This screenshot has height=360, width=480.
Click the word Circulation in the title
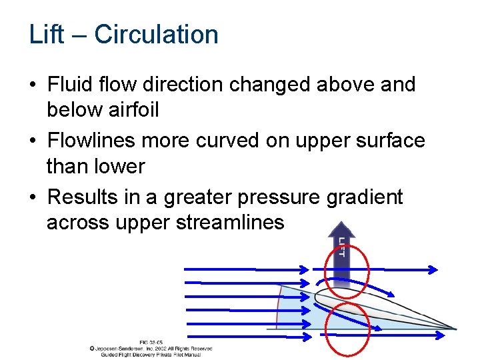click(x=156, y=35)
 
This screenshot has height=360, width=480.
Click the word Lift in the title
click(x=46, y=35)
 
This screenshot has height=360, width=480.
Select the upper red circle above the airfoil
click(x=345, y=271)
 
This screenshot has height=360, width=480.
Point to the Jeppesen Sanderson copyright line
click(x=151, y=348)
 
